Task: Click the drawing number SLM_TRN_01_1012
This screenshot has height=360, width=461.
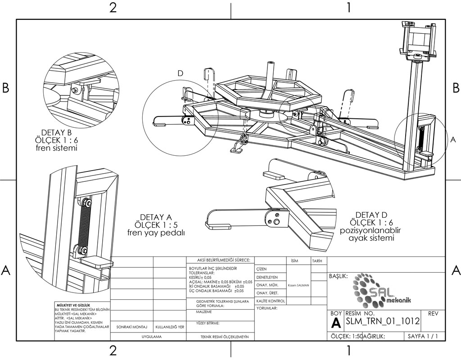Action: tap(383, 321)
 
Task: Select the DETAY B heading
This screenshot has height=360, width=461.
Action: tap(56, 133)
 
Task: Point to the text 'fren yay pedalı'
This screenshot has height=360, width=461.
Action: tap(157, 233)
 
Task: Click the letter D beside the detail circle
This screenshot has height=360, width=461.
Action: tap(181, 73)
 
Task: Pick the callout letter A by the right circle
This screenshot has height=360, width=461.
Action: tap(453, 140)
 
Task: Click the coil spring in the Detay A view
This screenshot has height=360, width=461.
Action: tap(84, 225)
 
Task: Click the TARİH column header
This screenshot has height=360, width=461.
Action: tap(316, 261)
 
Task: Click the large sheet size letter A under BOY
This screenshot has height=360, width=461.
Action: tap(335, 322)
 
